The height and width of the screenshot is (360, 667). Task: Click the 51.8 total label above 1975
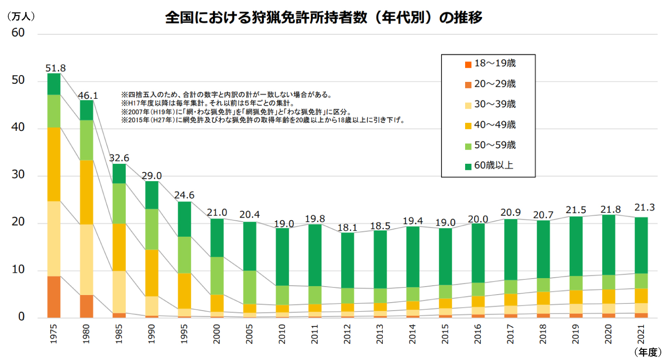(x=56, y=68)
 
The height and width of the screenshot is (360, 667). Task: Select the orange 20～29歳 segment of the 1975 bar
(x=54, y=297)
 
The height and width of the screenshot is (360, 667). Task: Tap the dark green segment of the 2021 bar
(x=641, y=245)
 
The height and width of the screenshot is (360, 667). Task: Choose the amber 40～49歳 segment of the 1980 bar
(x=87, y=192)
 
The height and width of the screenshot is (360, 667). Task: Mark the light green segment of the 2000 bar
(x=217, y=276)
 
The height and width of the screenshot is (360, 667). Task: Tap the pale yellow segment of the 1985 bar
(x=119, y=292)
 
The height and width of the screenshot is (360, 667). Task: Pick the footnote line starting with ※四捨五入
(x=226, y=95)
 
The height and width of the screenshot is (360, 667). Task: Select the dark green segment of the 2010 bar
(x=282, y=257)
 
